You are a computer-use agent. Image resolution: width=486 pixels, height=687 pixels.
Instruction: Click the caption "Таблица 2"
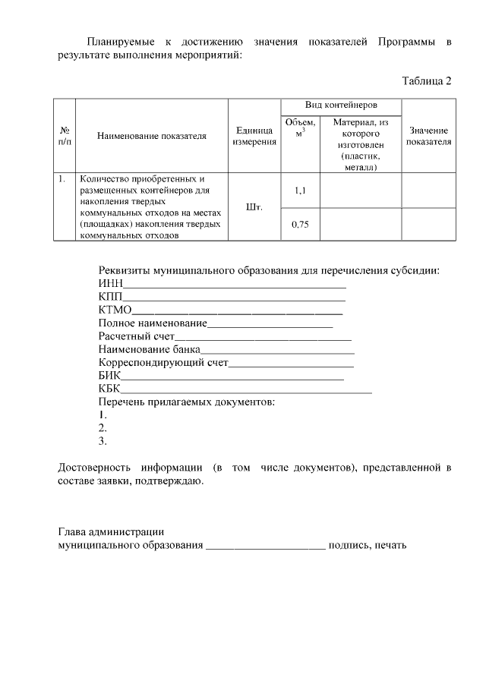[426, 80]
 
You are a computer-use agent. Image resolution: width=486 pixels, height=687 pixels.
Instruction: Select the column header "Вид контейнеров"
[342, 105]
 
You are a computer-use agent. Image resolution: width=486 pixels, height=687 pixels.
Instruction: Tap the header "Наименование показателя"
[152, 136]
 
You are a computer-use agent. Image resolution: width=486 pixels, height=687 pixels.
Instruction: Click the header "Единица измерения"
[254, 136]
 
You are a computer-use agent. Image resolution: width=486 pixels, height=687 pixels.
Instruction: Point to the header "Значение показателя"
[429, 136]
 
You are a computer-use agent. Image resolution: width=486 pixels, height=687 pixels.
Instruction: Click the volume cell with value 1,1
[300, 191]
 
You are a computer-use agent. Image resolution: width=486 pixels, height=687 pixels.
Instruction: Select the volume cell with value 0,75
[300, 224]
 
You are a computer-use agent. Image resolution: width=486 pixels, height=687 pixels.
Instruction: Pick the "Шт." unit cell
[254, 207]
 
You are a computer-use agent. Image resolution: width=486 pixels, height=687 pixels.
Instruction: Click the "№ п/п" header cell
[65, 136]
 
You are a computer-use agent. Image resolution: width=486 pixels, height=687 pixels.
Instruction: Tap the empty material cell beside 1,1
[361, 191]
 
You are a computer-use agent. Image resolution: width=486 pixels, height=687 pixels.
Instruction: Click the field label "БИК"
[109, 374]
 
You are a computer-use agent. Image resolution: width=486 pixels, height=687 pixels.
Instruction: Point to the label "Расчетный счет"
[137, 336]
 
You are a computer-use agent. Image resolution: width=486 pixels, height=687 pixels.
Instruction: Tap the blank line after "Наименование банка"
[277, 349]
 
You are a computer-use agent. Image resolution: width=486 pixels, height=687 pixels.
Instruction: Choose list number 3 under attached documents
[103, 440]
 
